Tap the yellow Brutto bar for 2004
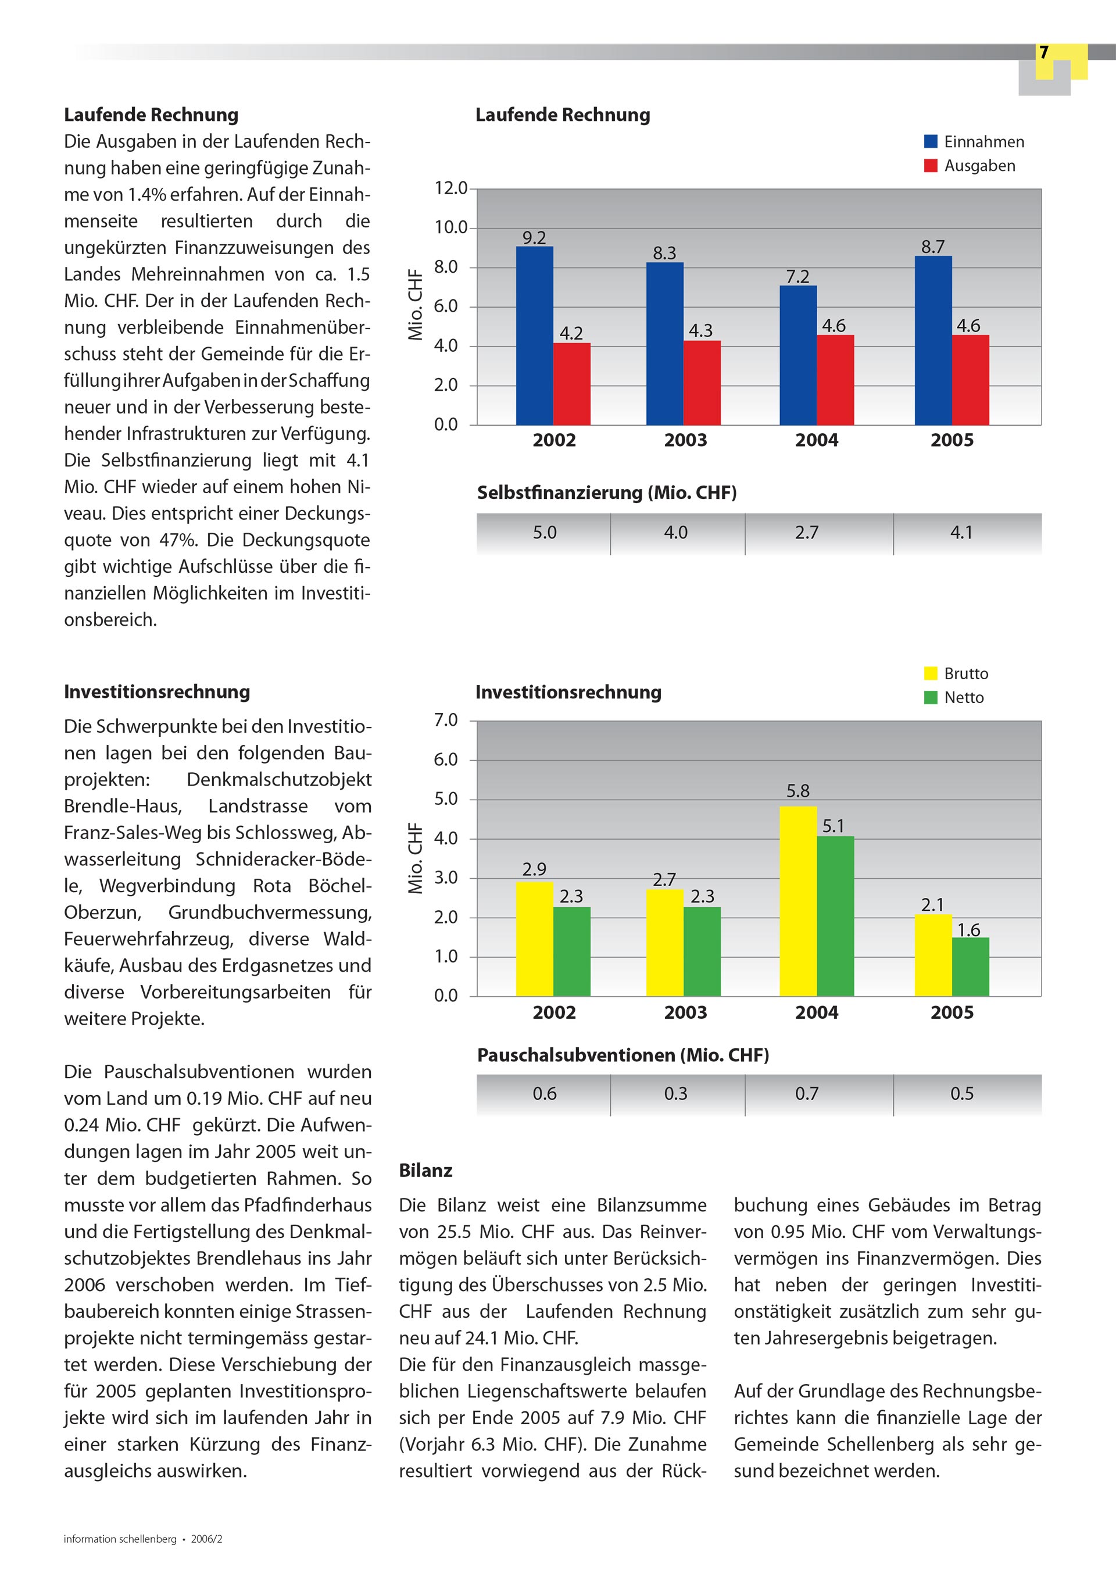coord(798,901)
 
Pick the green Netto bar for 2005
coord(970,967)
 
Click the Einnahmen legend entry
coord(974,142)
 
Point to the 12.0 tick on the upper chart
coord(450,188)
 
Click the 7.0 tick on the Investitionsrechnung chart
coord(446,721)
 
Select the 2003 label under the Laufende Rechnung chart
coord(685,440)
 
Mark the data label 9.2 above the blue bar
coord(534,238)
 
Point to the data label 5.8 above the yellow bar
coord(798,791)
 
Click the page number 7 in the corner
coord(1044,53)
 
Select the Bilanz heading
coord(426,1171)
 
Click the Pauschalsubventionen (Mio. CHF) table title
coord(623,1055)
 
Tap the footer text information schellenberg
coord(120,1539)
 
